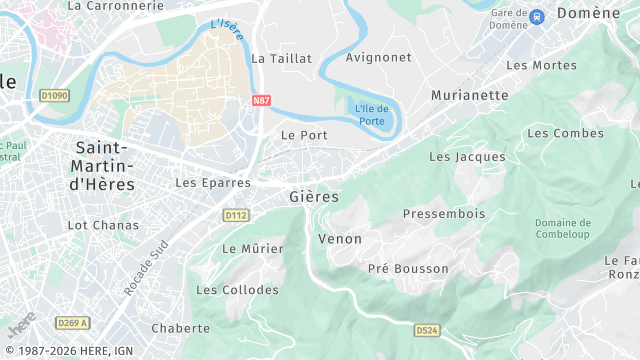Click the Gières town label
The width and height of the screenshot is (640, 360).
314,197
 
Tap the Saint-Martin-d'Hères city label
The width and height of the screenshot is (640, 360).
106,166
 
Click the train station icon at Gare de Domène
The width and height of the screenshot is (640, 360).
537,17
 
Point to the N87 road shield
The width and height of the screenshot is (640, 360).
261,101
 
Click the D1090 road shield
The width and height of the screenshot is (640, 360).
54,96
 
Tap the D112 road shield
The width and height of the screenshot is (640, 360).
236,215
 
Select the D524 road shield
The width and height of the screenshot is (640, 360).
427,328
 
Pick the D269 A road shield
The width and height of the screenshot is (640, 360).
73,322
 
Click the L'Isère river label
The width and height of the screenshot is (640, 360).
228,31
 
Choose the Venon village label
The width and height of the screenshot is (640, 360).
340,239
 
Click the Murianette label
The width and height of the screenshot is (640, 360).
469,95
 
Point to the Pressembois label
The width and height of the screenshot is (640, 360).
443,214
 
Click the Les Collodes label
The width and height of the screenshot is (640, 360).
237,290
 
